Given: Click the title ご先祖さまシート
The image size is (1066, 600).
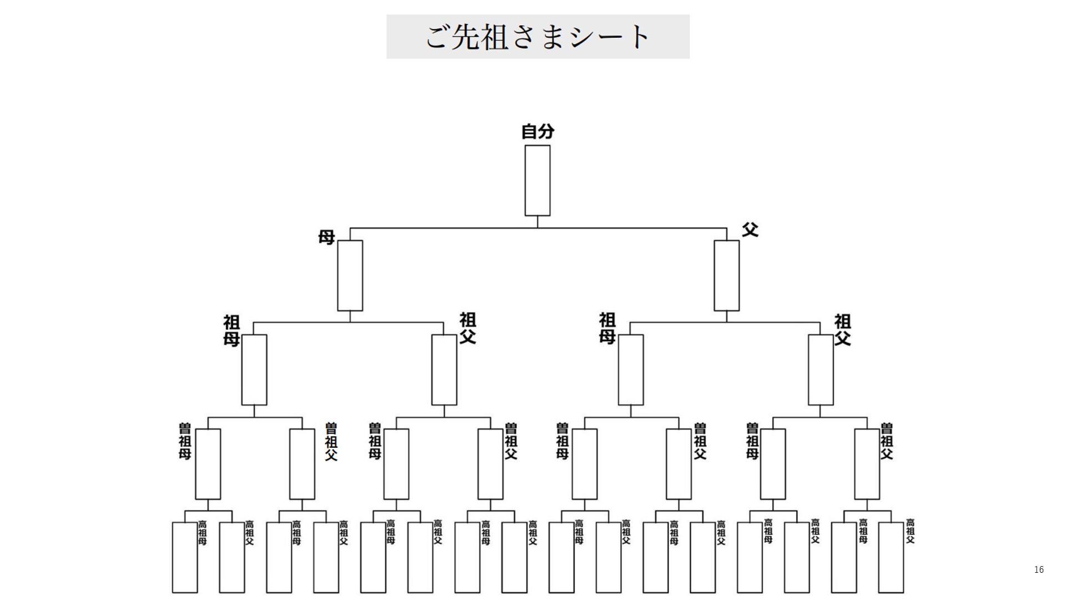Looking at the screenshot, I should click(537, 37).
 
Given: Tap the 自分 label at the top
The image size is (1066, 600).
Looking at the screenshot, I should click(537, 132).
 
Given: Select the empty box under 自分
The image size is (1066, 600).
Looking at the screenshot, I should click(537, 181).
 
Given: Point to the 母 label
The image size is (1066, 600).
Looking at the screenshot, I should click(326, 237).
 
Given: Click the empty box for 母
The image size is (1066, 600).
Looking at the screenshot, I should click(350, 276).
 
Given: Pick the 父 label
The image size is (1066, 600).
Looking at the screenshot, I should click(750, 229).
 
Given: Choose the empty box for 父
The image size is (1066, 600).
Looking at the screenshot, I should click(726, 276).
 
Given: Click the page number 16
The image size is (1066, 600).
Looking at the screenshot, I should click(1039, 569).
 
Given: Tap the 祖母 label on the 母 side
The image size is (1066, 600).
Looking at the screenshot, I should click(232, 331).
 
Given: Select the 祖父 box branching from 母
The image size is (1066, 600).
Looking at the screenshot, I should click(444, 370).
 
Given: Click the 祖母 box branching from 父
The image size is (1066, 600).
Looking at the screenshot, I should click(631, 370).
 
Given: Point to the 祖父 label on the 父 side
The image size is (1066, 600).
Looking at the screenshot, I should click(843, 329).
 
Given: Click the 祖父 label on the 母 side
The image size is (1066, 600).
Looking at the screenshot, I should click(467, 328).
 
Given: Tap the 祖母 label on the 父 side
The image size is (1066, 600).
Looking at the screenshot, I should click(607, 328).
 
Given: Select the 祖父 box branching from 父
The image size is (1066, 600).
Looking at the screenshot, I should click(821, 370).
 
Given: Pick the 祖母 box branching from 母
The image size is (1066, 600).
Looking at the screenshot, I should click(254, 370).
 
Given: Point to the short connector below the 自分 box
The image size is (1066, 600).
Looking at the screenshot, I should click(537, 222).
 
